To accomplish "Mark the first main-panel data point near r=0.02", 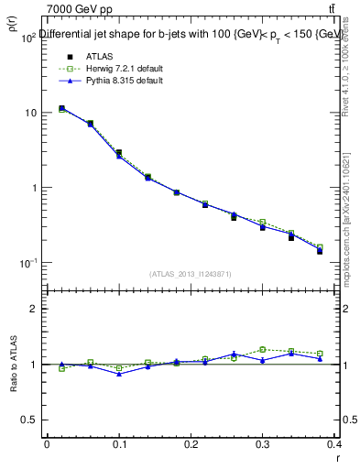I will coord(61,109).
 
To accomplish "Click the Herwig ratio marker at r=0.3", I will coord(262,349).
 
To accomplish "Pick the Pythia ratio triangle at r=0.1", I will coord(119,374).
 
